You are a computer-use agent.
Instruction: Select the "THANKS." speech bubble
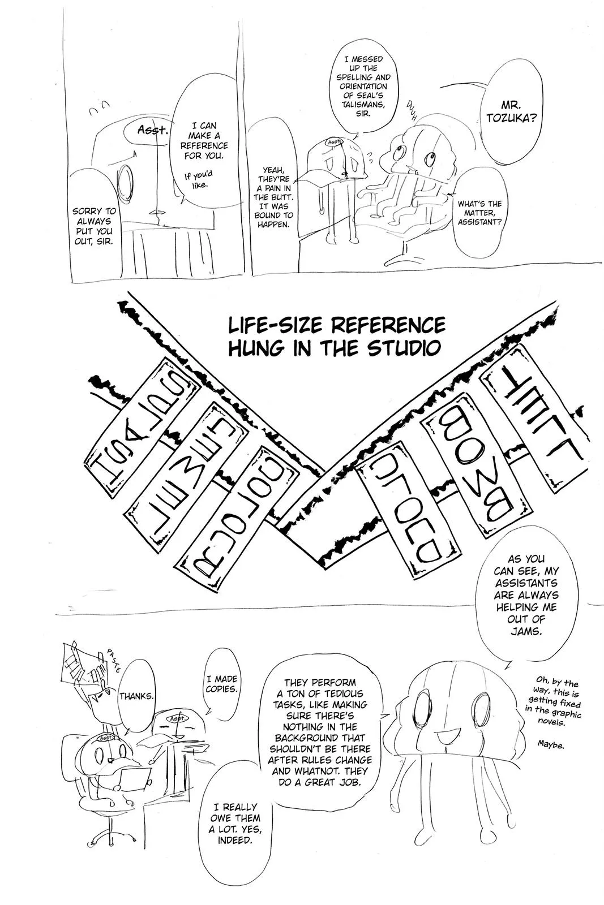(136, 696)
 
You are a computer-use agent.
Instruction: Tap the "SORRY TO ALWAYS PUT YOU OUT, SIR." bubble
(93, 226)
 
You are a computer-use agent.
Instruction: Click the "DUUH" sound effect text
(411, 112)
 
